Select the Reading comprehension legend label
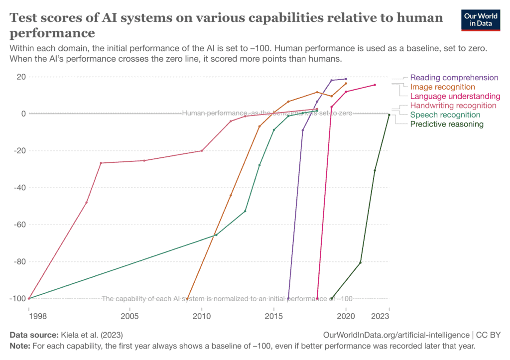[454, 78]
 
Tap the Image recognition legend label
[442, 87]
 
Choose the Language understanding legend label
[455, 96]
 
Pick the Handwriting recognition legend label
[453, 106]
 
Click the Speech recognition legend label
[445, 115]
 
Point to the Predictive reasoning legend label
[446, 124]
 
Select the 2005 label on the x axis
[129, 316]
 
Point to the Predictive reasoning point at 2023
[389, 115]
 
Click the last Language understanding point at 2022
[375, 85]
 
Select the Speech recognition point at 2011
[216, 235]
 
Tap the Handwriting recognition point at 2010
[202, 150]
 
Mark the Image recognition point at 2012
[231, 195]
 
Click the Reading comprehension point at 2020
[346, 79]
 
